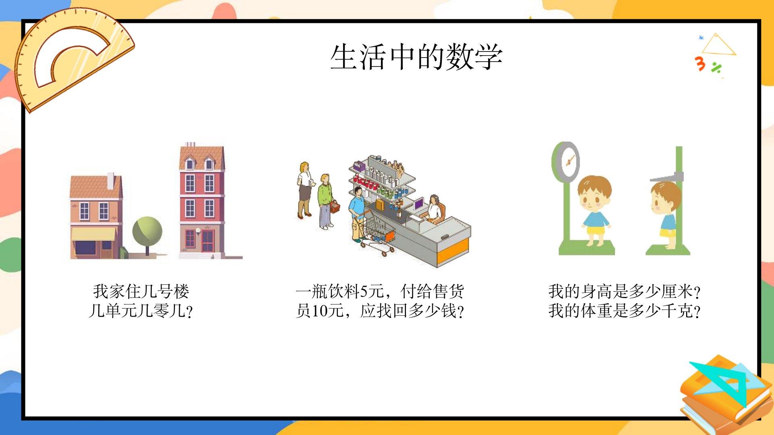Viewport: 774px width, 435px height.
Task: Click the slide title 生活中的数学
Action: (416, 57)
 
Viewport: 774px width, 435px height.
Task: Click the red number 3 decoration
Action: (700, 64)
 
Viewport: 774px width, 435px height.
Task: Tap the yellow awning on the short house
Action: (94, 234)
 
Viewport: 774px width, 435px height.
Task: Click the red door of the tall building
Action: (208, 241)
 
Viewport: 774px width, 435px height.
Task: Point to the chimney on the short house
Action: (110, 181)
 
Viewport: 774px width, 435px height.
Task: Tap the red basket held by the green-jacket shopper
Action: (335, 207)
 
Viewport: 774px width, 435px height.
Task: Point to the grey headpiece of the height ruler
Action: (667, 176)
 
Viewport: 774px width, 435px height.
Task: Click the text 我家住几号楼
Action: (141, 291)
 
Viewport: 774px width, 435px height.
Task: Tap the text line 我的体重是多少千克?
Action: (624, 311)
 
